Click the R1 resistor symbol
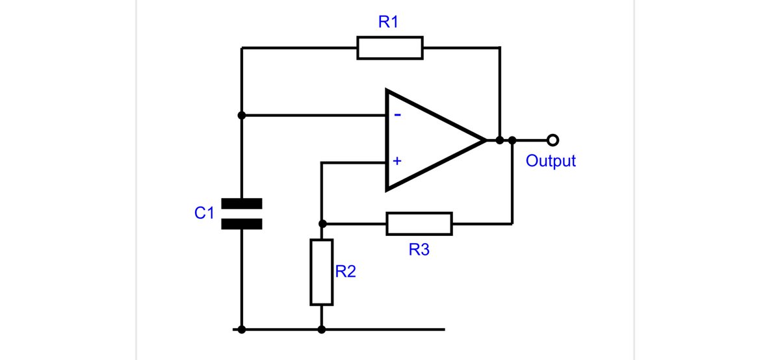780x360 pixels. coord(390,48)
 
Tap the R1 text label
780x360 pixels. coord(389,22)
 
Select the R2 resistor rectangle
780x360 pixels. coord(321,272)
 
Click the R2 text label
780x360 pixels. coord(345,272)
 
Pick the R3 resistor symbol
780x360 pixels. coord(419,223)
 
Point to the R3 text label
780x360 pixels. coord(419,250)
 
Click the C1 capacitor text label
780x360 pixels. coord(204,213)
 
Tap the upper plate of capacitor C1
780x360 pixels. coord(241,204)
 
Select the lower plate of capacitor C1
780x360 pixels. coord(241,224)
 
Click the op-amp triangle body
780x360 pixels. coord(429,140)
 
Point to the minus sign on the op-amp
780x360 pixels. coord(397,116)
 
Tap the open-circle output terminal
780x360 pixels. coord(552,140)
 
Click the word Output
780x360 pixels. coord(551,161)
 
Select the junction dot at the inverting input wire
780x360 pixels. coord(241,116)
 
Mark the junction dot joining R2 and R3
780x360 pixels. coord(322,223)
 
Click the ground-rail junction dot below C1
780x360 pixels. coord(241,329)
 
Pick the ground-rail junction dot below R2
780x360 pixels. coord(322,329)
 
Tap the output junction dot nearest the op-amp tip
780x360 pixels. coord(499,140)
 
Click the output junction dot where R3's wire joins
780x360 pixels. coord(512,140)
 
